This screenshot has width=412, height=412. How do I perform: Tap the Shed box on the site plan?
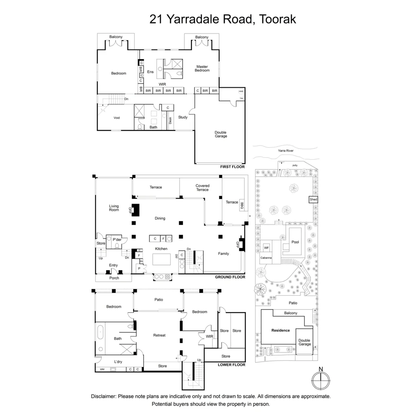point(313,200)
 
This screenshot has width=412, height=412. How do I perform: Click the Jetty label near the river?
point(295,165)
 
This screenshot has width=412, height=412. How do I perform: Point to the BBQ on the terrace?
point(242,205)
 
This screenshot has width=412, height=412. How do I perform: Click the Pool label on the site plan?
point(295,242)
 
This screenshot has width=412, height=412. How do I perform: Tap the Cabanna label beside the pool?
point(266,258)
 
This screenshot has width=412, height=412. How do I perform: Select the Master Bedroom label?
point(202,68)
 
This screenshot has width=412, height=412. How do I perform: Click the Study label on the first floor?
point(183,117)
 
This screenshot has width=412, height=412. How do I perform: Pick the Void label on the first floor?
point(117,118)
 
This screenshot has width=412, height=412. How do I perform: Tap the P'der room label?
point(117,240)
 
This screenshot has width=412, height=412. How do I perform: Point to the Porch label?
point(114,278)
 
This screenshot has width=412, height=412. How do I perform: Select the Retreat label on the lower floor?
point(159,335)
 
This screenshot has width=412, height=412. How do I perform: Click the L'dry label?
point(118,362)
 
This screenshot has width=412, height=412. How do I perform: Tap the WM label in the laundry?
point(102,369)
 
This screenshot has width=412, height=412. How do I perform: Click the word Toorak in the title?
point(278,19)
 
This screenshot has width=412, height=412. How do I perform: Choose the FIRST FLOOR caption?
point(232,167)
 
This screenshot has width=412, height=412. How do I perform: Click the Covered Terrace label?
point(203,188)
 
